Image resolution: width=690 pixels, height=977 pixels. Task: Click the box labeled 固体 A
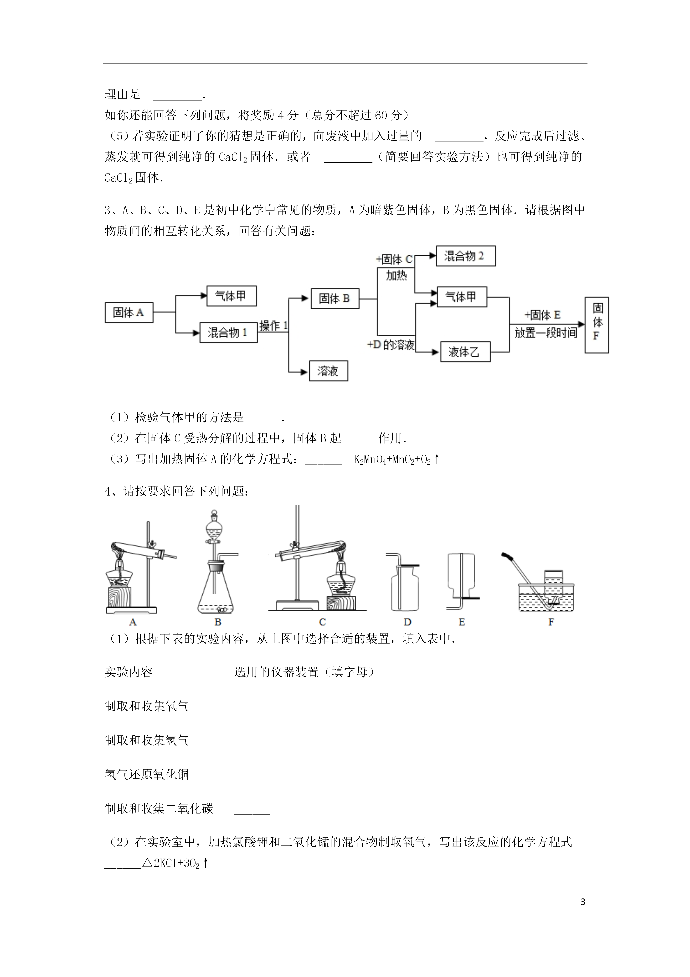point(129,312)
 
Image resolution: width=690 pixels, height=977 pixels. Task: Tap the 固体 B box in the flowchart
point(335,298)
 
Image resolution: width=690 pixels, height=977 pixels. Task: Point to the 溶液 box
point(329,371)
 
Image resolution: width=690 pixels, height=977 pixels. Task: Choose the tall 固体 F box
point(597,325)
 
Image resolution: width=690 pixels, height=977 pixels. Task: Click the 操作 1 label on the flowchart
point(273,326)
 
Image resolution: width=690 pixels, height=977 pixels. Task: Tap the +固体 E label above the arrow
point(542,315)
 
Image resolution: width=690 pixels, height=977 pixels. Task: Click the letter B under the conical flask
point(218,622)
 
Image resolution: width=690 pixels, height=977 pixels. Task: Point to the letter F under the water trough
point(551,622)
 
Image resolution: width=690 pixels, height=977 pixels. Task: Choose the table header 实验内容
point(129,672)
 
